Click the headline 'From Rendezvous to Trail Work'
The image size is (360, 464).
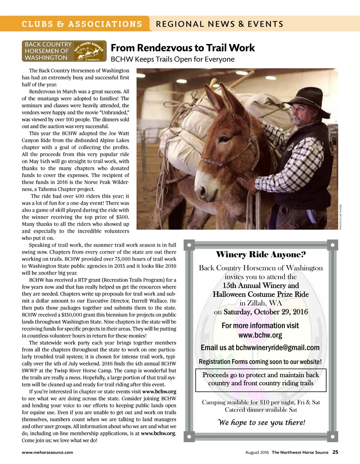[182, 48]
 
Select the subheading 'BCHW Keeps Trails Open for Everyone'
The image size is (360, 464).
[172, 59]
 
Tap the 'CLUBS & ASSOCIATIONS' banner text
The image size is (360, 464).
[82, 24]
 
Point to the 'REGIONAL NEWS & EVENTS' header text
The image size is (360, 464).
[219, 24]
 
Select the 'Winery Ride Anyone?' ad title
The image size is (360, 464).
[261, 254]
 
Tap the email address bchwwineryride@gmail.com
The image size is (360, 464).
[277, 348]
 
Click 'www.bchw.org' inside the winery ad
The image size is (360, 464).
[260, 335]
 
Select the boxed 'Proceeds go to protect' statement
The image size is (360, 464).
[261, 379]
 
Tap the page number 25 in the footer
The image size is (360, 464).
[335, 452]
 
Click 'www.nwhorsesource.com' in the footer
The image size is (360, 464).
[47, 452]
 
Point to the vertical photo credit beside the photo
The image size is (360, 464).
[340, 217]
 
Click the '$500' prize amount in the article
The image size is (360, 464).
[123, 217]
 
